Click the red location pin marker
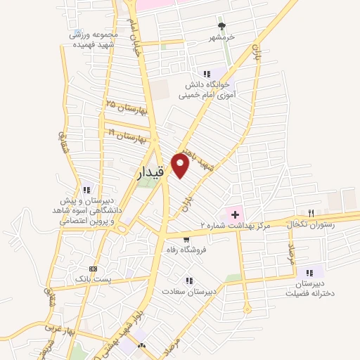(181, 167)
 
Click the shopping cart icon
(187, 239)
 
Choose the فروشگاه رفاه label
(184, 249)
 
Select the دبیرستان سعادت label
(191, 290)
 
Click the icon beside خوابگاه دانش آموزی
(206, 73)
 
